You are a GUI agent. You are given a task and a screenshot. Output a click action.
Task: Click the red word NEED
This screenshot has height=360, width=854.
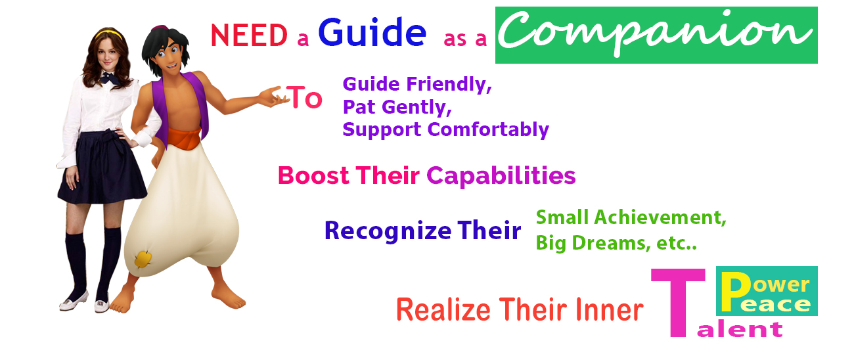pos(249,35)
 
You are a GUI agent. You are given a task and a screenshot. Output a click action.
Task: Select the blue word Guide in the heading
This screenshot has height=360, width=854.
pos(372,33)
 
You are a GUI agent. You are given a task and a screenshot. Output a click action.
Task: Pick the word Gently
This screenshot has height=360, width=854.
pos(416,108)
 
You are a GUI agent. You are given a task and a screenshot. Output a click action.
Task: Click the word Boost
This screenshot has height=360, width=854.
pos(313,175)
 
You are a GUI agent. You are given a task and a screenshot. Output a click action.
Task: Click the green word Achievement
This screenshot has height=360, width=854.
pos(660,217)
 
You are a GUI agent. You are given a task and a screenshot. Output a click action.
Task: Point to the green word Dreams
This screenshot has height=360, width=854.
pos(611,244)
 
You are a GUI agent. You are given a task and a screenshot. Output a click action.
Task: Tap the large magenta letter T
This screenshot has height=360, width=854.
pos(678,303)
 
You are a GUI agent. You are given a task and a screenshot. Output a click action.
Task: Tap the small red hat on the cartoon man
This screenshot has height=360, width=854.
pos(160,28)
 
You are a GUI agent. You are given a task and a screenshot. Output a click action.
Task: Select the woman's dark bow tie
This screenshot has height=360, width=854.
pos(110,78)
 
